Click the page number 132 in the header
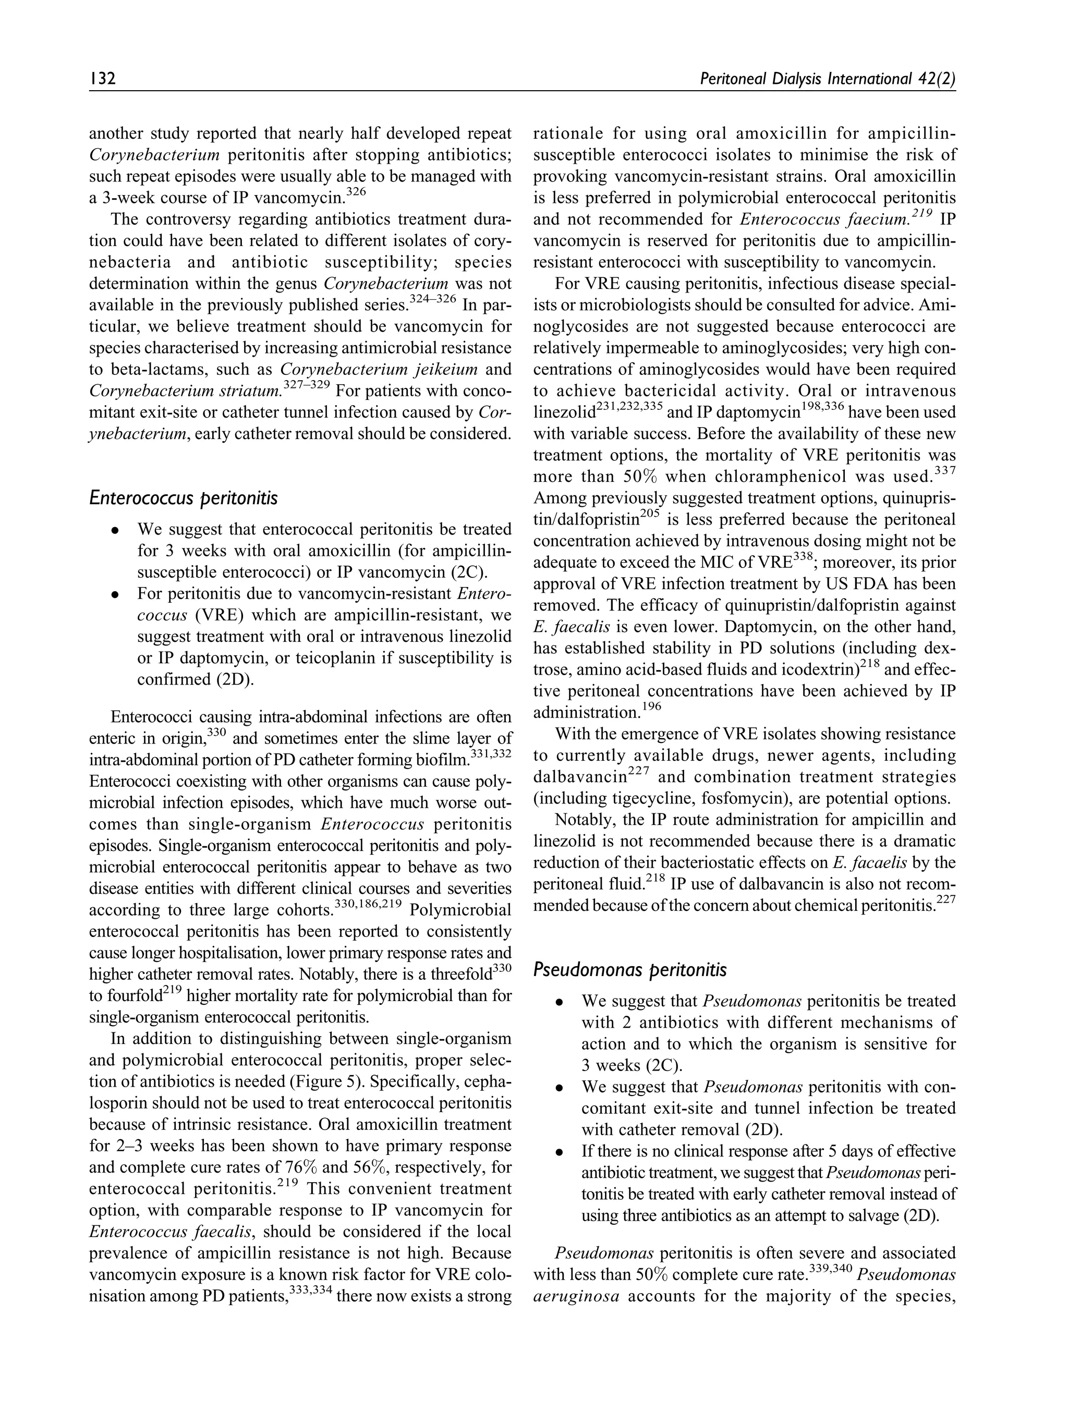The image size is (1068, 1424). pyautogui.click(x=102, y=79)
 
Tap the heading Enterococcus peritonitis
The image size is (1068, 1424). pyautogui.click(x=184, y=497)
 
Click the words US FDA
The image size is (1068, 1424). pyautogui.click(x=843, y=584)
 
